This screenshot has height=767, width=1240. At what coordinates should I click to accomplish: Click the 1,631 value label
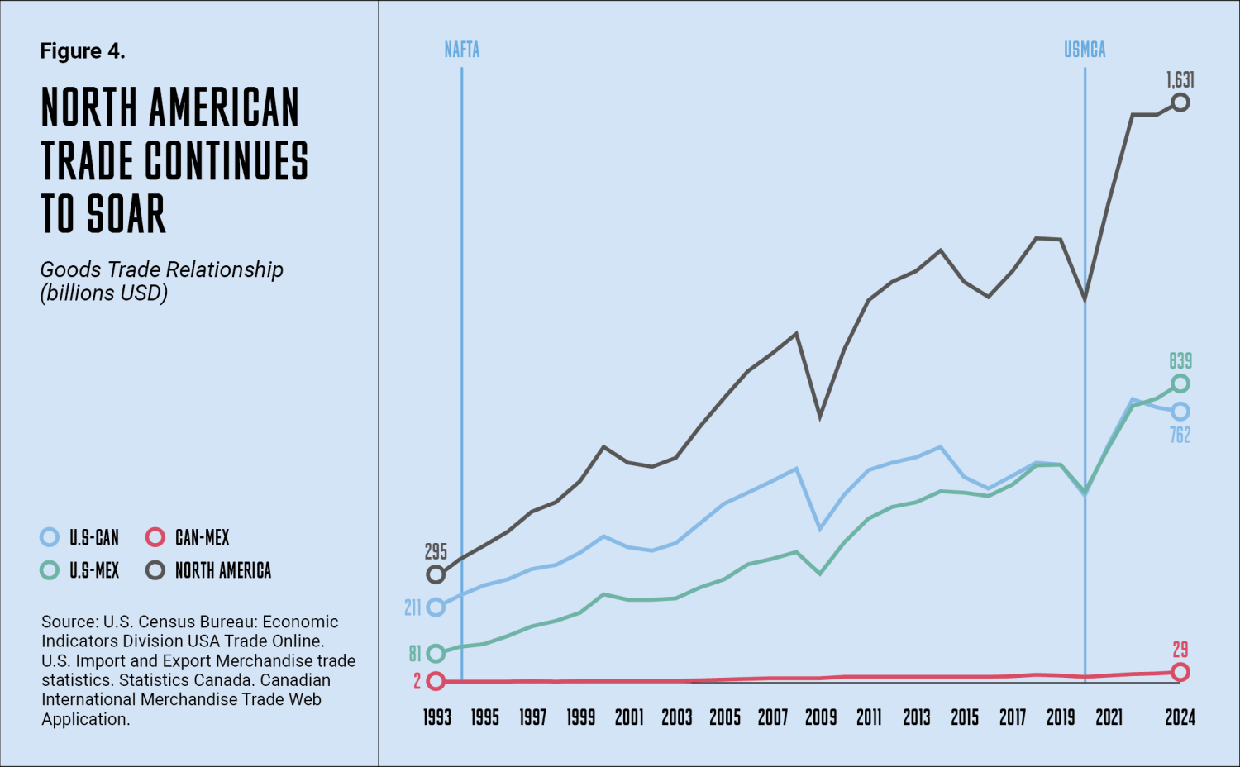pos(1180,80)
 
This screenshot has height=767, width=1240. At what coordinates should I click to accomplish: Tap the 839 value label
pos(1180,361)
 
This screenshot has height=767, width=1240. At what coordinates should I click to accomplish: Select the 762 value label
pos(1180,435)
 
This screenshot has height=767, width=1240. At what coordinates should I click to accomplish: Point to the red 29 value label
pos(1180,650)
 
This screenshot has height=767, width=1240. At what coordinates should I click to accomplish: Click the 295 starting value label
pos(436,552)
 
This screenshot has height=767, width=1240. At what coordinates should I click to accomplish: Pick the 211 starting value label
pos(413,607)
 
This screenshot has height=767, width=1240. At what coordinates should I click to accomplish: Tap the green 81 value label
pos(415,654)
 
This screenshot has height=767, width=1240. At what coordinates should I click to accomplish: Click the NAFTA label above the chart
pos(461,50)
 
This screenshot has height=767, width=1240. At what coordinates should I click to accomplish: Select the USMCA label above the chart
pos(1085,50)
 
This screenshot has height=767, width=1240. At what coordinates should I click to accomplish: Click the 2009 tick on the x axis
pos(821,717)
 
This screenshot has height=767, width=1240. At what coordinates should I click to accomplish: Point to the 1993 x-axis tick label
pos(436,717)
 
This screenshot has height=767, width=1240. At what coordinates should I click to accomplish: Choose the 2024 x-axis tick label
pos(1180,717)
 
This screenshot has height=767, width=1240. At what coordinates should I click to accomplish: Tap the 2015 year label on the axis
pos(965,717)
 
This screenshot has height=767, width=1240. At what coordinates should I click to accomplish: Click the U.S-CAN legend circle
pos(50,537)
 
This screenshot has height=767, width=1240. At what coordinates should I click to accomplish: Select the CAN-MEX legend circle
pos(155,537)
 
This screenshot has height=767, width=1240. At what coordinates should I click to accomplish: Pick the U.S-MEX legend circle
pos(50,570)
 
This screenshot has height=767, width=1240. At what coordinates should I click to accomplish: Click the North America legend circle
pos(155,570)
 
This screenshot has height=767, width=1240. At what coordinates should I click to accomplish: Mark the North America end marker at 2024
pos(1180,102)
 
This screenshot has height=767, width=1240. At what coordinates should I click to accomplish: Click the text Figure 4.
pos(83,51)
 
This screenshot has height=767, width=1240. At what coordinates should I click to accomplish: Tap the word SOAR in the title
pos(126,214)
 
